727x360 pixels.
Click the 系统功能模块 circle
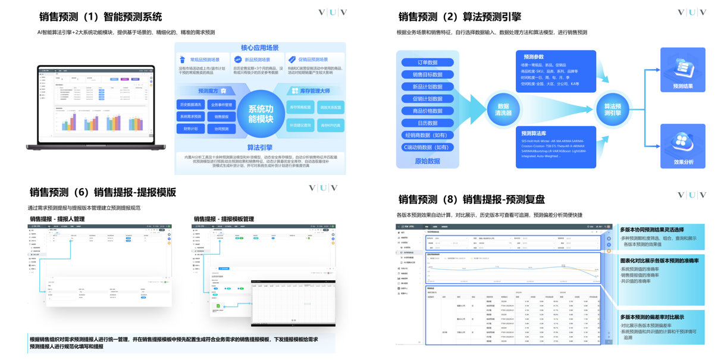pos(261,114)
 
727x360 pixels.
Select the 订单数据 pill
pos(427,62)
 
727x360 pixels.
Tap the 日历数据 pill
pos(427,123)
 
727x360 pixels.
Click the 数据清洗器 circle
pos(503,109)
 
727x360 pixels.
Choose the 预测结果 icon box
pos(682,70)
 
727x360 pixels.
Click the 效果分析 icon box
pos(682,146)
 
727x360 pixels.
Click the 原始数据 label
pos(427,161)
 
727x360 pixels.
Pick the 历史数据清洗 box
pos(190,105)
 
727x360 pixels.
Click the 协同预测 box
pos(221,129)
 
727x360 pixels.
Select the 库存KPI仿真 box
pos(330,126)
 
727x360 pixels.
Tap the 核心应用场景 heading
pos(259,48)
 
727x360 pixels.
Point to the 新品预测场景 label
pos(257,60)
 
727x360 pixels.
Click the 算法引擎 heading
pos(259,147)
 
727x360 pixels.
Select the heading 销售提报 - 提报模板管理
pos(224,219)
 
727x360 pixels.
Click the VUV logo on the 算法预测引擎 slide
pos(692,12)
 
